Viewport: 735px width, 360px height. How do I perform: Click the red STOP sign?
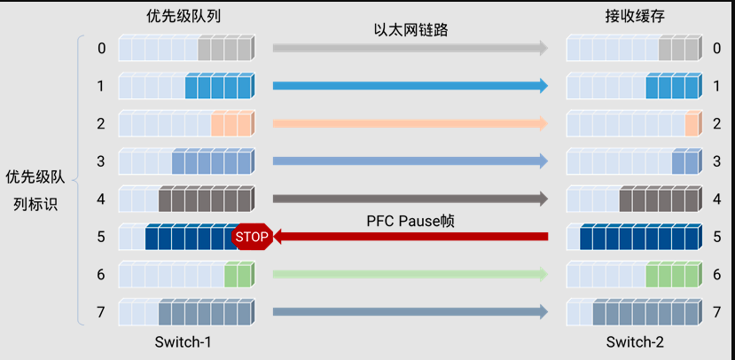coord(252,237)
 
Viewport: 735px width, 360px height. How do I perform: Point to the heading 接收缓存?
coord(633,17)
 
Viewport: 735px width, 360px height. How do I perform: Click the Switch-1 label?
coord(184,341)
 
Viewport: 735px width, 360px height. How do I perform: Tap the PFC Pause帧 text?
coord(411,219)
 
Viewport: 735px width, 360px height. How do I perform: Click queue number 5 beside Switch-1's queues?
coord(101,237)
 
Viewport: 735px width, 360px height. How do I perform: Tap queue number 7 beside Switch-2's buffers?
coord(716,312)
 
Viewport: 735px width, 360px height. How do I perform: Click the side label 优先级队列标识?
coord(35,190)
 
